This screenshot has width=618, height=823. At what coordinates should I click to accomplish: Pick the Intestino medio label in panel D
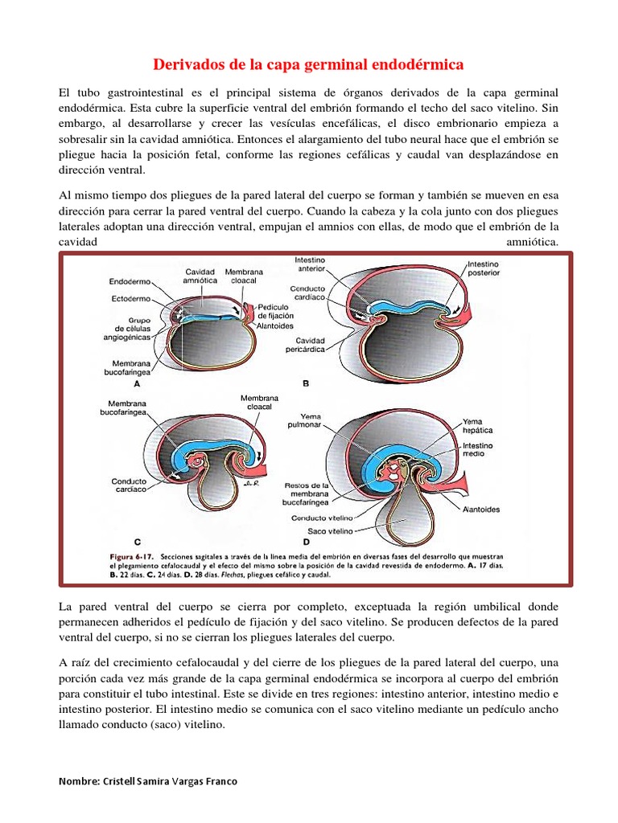click(x=478, y=449)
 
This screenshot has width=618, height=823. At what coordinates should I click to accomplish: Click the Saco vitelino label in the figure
click(x=330, y=532)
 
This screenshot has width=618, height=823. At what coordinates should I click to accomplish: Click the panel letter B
click(x=306, y=384)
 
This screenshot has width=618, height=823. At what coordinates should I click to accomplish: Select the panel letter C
click(x=138, y=542)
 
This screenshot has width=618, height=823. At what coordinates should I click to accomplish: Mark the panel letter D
click(x=306, y=542)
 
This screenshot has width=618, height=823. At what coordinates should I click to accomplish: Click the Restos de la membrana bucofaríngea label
click(x=309, y=496)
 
